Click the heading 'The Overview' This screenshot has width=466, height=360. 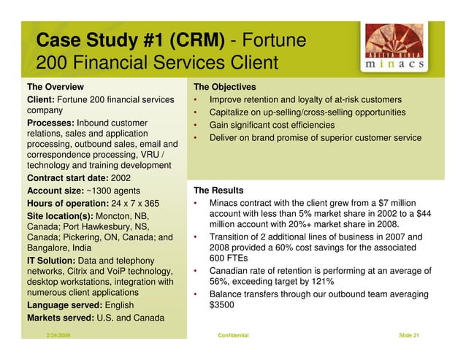(56, 87)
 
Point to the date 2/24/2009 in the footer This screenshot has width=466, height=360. (58, 334)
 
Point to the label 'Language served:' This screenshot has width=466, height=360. (64, 305)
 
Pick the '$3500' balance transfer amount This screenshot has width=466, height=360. (224, 306)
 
